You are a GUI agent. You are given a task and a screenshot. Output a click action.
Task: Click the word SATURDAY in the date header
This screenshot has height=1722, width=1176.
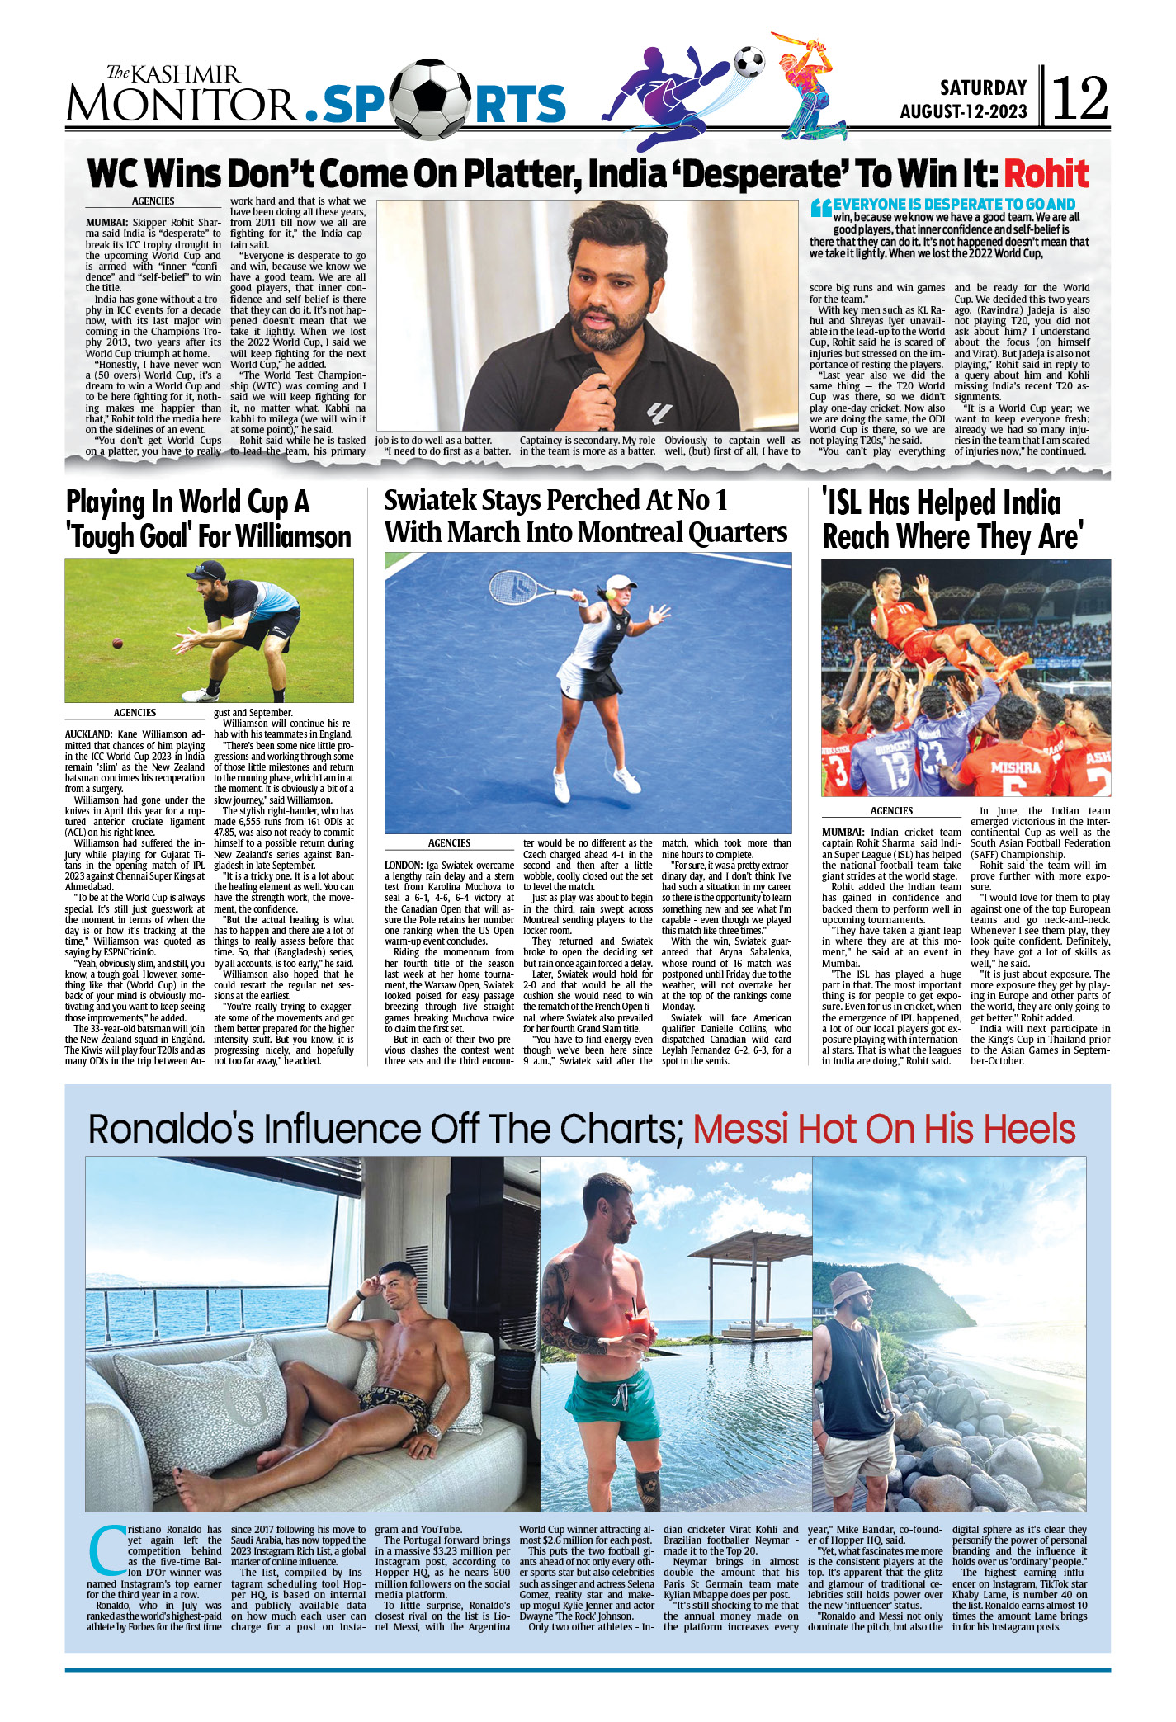[x=983, y=87]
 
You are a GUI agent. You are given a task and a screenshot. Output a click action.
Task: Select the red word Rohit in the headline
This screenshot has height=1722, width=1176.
[x=1046, y=174]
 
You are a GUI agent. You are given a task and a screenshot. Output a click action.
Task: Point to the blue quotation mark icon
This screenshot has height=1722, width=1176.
[x=820, y=207]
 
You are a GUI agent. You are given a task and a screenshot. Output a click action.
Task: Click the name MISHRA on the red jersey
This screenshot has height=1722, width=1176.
[x=1015, y=767]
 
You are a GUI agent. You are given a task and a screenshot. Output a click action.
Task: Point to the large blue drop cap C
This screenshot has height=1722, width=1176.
[x=106, y=1552]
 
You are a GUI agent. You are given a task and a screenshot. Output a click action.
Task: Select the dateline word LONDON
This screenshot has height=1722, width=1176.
[x=404, y=865]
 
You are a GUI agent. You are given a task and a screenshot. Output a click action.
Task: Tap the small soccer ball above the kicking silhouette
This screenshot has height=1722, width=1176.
[x=749, y=60]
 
